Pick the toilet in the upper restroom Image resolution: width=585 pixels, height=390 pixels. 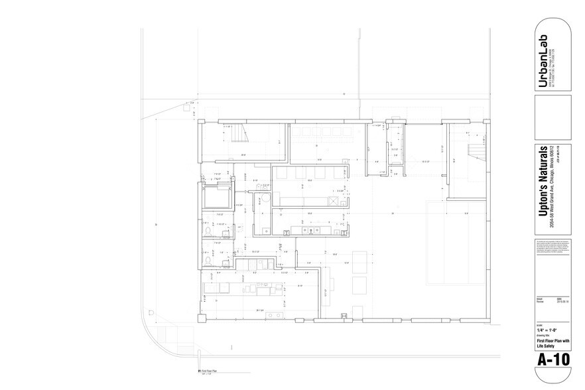210,229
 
